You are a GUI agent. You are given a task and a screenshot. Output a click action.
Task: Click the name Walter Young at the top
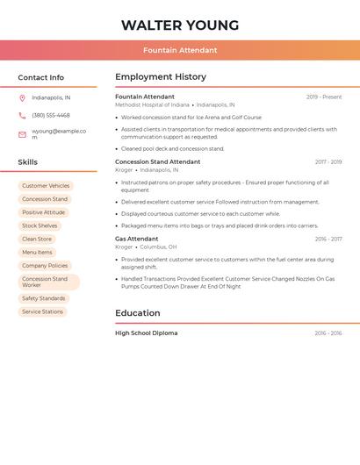180,25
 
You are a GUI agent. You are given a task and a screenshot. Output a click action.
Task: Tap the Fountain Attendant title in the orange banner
180,50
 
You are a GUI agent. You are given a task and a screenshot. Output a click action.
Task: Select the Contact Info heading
40,77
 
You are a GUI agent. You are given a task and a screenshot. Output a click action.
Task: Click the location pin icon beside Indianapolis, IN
22,97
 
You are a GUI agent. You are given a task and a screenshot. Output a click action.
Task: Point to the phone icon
22,115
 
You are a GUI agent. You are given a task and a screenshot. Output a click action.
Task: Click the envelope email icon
22,134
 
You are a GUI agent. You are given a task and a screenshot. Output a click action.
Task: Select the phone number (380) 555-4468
51,115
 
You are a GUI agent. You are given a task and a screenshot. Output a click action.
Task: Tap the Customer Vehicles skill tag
46,186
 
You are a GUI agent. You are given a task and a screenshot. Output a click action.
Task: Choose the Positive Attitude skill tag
43,212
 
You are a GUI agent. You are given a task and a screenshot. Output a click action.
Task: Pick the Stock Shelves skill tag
40,225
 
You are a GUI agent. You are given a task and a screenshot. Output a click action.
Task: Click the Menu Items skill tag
37,252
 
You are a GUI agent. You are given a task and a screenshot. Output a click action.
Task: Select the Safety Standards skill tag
44,298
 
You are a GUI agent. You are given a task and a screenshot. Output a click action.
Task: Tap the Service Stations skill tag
42,311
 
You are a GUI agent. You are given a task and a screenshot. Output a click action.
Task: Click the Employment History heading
161,77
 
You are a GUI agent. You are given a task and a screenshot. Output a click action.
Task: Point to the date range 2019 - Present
324,97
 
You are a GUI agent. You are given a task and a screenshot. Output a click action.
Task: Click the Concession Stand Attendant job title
158,161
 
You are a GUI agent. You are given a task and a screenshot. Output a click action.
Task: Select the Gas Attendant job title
137,239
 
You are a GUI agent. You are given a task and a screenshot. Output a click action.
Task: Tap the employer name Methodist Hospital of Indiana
152,104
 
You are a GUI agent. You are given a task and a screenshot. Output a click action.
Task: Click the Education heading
138,313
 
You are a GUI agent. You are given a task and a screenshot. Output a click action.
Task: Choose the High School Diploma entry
147,333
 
